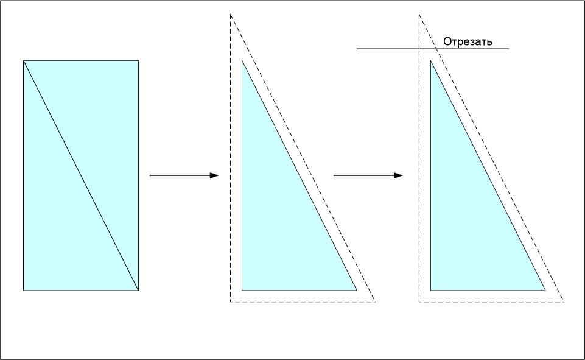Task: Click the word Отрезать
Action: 468,42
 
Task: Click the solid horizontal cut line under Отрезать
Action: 390,49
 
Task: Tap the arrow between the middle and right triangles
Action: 368,175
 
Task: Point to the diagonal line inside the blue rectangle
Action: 81,175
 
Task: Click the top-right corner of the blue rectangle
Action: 138,60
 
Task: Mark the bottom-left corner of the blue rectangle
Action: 24,291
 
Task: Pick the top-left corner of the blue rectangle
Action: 24,60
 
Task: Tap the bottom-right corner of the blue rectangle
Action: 138,291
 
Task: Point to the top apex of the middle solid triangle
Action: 242,62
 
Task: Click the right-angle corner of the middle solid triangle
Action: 242,291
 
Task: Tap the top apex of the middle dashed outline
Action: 231,14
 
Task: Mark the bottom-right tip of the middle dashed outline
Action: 375,302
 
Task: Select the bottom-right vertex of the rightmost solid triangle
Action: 545,291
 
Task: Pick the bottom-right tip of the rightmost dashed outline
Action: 564,302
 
